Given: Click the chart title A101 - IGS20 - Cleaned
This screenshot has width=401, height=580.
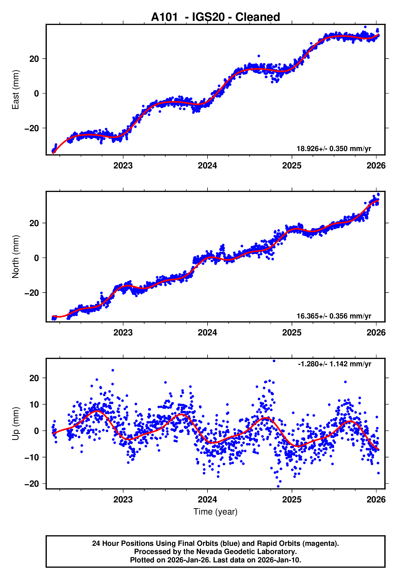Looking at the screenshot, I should point(215,17).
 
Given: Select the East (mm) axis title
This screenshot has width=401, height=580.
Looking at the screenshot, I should point(16,90).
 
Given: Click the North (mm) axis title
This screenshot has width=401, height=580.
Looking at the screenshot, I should point(16,257).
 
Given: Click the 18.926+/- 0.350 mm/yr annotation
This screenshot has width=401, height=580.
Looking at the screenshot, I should point(334,149).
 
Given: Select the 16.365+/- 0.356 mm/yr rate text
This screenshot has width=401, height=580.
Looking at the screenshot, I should point(334,316).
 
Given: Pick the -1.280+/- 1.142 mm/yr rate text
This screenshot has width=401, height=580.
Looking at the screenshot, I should point(334,364).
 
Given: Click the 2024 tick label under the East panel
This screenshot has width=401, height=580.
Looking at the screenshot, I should point(207,166).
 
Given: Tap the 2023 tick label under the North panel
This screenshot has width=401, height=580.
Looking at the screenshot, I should point(123,333).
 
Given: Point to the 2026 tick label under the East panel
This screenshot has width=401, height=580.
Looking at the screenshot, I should point(376,166).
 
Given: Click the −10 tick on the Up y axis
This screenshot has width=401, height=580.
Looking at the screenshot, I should point(32,457).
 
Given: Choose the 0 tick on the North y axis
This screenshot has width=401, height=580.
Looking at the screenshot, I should point(37,258).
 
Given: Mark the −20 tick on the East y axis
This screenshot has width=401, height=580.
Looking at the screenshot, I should point(32,128).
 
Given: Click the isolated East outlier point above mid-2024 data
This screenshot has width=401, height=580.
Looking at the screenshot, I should point(259,56).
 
